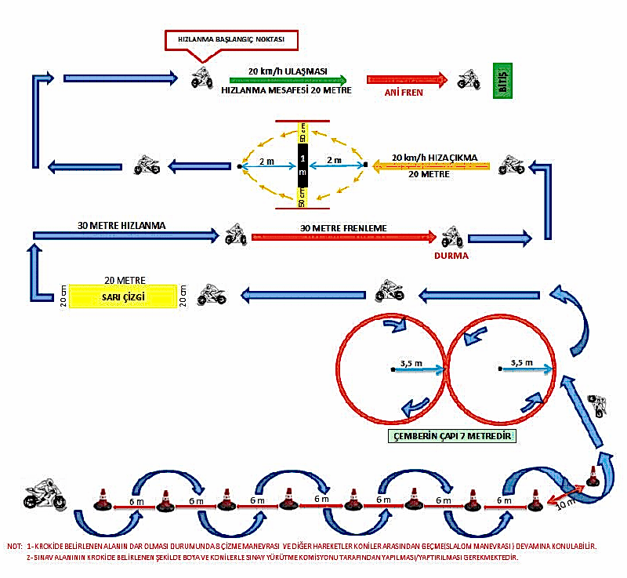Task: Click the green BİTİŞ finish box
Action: pos(502,79)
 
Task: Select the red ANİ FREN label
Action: pos(404,92)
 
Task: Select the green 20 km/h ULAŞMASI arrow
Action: pos(288,79)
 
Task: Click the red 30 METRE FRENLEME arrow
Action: pos(342,237)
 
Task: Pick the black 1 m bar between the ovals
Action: pos(302,165)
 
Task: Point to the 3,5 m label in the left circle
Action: pos(411,363)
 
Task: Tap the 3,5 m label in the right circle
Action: pos(521,363)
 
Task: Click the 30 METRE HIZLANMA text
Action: pos(121,225)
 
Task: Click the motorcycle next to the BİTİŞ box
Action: pos(469,79)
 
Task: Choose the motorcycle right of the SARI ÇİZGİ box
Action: pos(212,294)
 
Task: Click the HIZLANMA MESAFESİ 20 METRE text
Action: pos(287,91)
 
